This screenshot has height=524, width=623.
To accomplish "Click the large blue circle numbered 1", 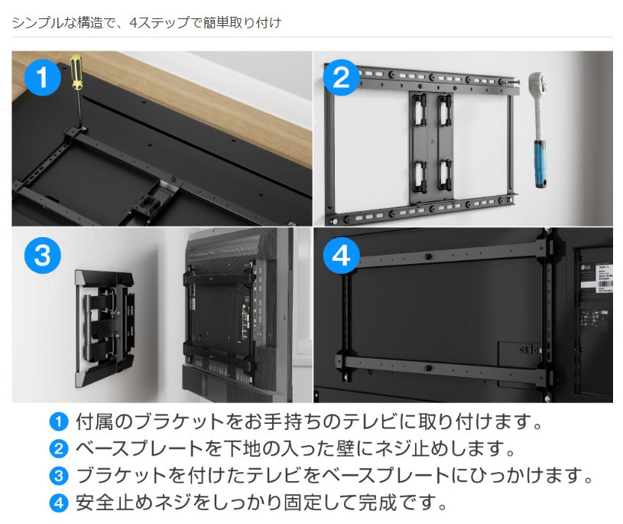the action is coord(43,77).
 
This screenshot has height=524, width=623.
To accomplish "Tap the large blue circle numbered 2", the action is coord(341,77).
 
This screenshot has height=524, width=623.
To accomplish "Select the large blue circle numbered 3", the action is coord(43,255).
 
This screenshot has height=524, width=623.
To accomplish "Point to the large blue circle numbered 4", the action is coord(341,255).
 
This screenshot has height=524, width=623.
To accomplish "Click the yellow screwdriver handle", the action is coord(76,73).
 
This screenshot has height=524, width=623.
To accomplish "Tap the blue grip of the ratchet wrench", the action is coord(540,163).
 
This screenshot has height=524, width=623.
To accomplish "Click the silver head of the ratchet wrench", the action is coord(538,83).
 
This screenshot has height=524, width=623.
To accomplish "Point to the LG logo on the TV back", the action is coord(586,267).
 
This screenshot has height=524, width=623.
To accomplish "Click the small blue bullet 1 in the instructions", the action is coord(59,421).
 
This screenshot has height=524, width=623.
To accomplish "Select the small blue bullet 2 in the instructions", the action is coord(59,448).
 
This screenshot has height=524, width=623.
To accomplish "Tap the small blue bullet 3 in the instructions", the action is coord(59,476).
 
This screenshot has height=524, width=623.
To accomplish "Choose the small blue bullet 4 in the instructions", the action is coord(59,503).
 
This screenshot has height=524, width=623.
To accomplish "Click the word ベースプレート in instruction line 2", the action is coord(139,448).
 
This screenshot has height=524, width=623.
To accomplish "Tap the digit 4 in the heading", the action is coord(133,23).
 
